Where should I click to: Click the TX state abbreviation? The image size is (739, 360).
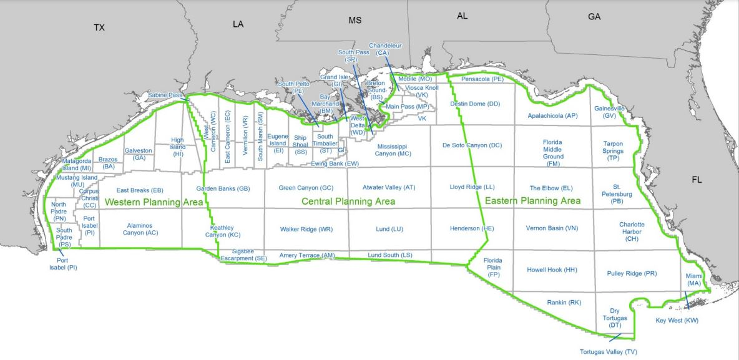[99, 27]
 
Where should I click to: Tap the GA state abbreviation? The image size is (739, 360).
[594, 17]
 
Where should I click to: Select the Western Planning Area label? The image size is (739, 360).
[154, 202]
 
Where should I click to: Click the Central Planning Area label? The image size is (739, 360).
[348, 202]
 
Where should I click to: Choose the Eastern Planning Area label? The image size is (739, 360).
[532, 201]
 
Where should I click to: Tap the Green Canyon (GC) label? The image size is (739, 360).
[306, 188]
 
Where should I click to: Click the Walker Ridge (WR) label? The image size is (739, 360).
[306, 229]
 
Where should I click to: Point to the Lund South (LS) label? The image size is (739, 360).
[389, 255]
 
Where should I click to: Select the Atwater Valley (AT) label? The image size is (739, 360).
[389, 187]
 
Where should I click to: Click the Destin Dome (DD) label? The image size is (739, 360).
[475, 104]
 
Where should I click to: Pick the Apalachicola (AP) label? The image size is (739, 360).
[552, 115]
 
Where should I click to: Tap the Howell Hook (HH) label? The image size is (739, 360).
[552, 270]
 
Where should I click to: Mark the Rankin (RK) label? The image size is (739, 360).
[564, 303]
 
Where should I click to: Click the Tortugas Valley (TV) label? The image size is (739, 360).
[608, 352]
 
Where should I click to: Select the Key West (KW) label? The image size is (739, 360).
[677, 321]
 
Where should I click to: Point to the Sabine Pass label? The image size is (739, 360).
[165, 95]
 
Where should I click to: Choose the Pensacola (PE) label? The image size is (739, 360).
[482, 80]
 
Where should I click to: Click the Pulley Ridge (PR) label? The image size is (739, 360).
[632, 273]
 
